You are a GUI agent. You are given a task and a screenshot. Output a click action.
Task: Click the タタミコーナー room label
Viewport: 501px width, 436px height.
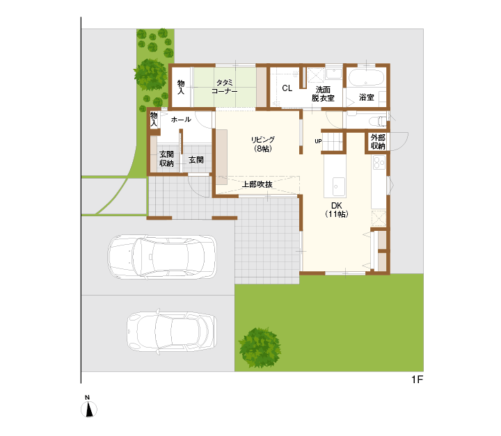click(x=224, y=87)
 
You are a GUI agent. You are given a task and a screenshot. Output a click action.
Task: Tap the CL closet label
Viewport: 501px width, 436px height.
click(x=287, y=88)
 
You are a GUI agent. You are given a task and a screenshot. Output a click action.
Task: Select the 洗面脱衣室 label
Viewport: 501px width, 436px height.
click(x=323, y=94)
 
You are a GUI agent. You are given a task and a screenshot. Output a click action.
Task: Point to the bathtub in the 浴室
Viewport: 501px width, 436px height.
click(x=366, y=79)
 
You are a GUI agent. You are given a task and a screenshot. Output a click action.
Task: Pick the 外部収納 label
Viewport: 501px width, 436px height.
click(x=378, y=142)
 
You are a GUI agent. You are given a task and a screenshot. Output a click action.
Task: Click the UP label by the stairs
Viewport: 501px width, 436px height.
click(x=318, y=141)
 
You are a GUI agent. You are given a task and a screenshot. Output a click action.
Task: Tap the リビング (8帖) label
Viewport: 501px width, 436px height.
click(x=262, y=144)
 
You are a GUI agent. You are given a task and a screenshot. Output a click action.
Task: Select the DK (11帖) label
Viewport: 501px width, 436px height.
click(x=337, y=210)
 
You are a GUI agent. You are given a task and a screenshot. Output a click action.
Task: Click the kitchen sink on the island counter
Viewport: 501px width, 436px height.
click(x=336, y=186)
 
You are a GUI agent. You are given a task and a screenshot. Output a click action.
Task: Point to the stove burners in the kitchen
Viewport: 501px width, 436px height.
click(x=379, y=163)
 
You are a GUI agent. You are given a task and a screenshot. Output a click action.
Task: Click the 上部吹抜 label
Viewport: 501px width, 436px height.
click(x=257, y=184)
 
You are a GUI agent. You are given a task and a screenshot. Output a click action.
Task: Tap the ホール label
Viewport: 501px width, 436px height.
click(x=181, y=120)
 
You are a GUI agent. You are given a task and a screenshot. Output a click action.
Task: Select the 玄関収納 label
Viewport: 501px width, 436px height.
click(x=166, y=159)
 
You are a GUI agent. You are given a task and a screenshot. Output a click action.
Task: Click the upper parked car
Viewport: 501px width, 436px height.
click(x=162, y=257)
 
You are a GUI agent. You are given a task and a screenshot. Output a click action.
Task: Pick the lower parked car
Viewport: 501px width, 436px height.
click(x=172, y=332)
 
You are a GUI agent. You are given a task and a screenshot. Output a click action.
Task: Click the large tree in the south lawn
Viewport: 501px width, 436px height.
click(x=260, y=348)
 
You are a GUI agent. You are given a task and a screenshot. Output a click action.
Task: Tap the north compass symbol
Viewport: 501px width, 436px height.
click(x=89, y=407)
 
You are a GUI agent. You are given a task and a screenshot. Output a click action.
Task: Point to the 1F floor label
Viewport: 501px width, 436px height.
click(x=417, y=380)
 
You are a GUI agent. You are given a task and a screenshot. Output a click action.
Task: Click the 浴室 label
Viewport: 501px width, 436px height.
click(x=366, y=97)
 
